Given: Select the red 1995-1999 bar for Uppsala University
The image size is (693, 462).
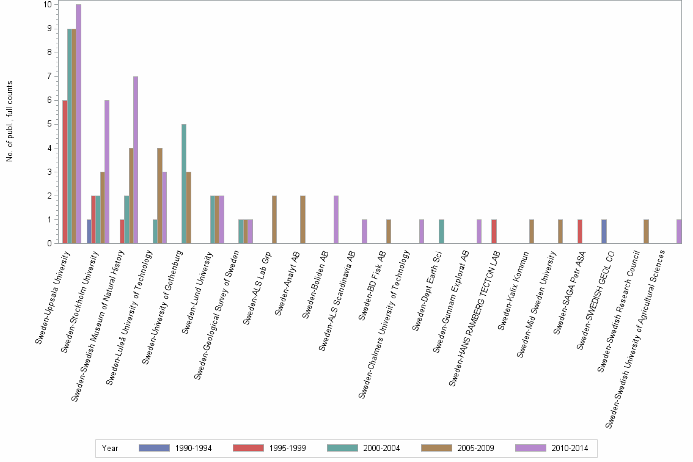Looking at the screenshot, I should pos(65,172).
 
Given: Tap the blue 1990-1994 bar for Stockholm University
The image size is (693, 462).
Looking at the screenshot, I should pos(89,232).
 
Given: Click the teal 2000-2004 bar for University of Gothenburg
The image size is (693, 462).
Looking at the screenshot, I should pos(184,184).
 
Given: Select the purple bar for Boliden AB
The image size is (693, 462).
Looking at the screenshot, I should pos(336,220).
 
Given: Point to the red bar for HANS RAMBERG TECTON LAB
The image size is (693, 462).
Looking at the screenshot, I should pos(494,232).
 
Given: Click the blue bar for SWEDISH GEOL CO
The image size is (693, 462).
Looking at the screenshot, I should pos(604,232).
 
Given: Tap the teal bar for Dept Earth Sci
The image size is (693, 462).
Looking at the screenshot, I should pos(441,232).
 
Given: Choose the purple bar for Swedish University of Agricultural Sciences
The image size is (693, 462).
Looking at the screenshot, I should pos(679,232).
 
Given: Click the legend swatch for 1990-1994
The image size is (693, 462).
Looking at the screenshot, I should pos(153,448).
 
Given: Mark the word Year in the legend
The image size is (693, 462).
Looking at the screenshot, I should pos(110,448).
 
